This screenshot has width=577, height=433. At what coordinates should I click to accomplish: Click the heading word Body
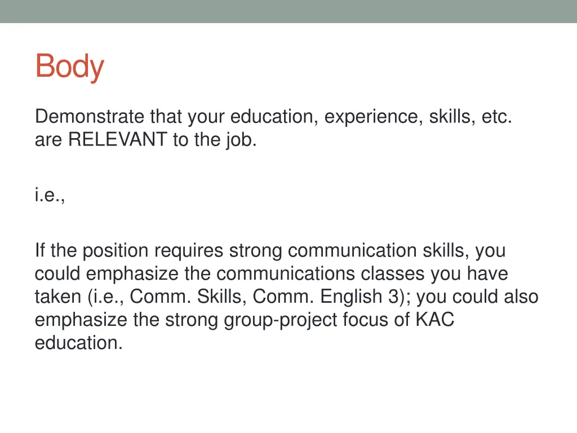click(69, 67)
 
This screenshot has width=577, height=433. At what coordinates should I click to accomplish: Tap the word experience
click(374, 117)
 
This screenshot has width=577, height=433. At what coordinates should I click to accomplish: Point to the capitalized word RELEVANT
click(118, 140)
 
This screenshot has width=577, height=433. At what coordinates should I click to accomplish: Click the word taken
click(59, 297)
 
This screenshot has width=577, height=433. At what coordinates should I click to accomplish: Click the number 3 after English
click(393, 297)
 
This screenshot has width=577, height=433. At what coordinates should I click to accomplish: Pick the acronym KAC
click(434, 320)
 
